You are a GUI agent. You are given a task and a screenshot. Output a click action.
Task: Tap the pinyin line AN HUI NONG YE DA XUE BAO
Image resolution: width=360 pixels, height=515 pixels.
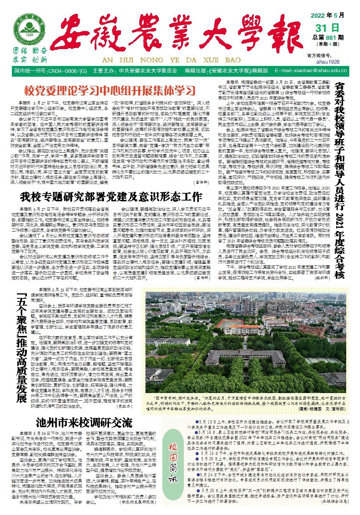pyautogui.click(x=171, y=60)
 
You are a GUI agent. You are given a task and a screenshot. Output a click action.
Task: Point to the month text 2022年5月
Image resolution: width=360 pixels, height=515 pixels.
pyautogui.click(x=327, y=16)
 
